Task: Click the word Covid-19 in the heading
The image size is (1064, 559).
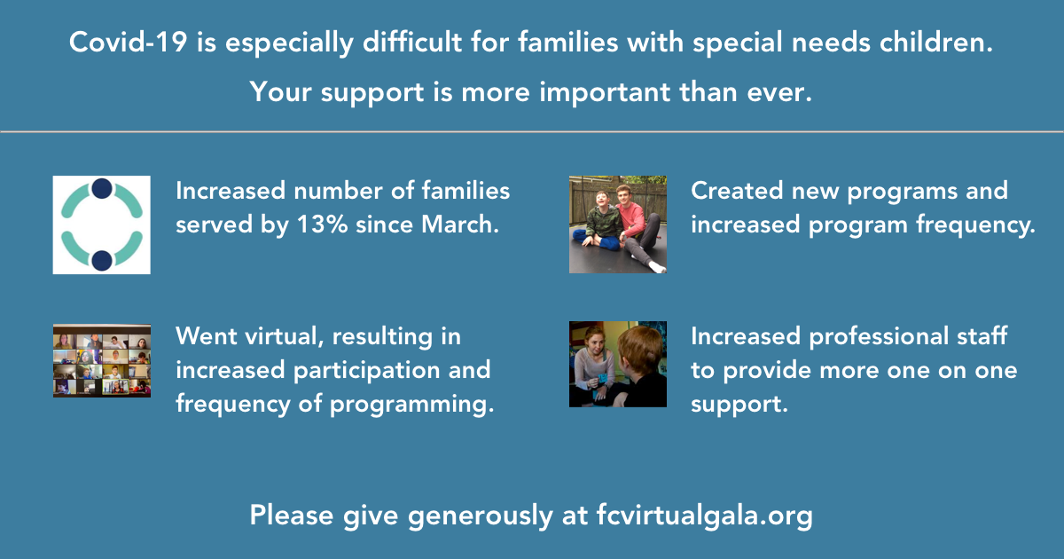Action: point(129,42)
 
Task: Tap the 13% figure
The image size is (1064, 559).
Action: point(323,224)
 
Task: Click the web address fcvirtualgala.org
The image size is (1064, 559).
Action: point(704,516)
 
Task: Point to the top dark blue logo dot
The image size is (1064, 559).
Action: point(102,188)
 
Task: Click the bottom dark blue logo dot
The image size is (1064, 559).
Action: point(102,261)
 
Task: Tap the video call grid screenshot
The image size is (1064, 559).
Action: point(102,360)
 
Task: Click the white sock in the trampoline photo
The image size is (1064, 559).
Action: point(657,267)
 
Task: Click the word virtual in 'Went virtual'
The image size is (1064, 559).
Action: point(284,336)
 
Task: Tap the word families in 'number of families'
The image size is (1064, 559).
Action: point(465,191)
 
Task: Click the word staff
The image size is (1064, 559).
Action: point(982,336)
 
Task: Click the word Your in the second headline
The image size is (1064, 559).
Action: point(280,91)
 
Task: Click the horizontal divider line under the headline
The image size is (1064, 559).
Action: point(532,131)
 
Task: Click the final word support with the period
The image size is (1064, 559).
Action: point(739,405)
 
